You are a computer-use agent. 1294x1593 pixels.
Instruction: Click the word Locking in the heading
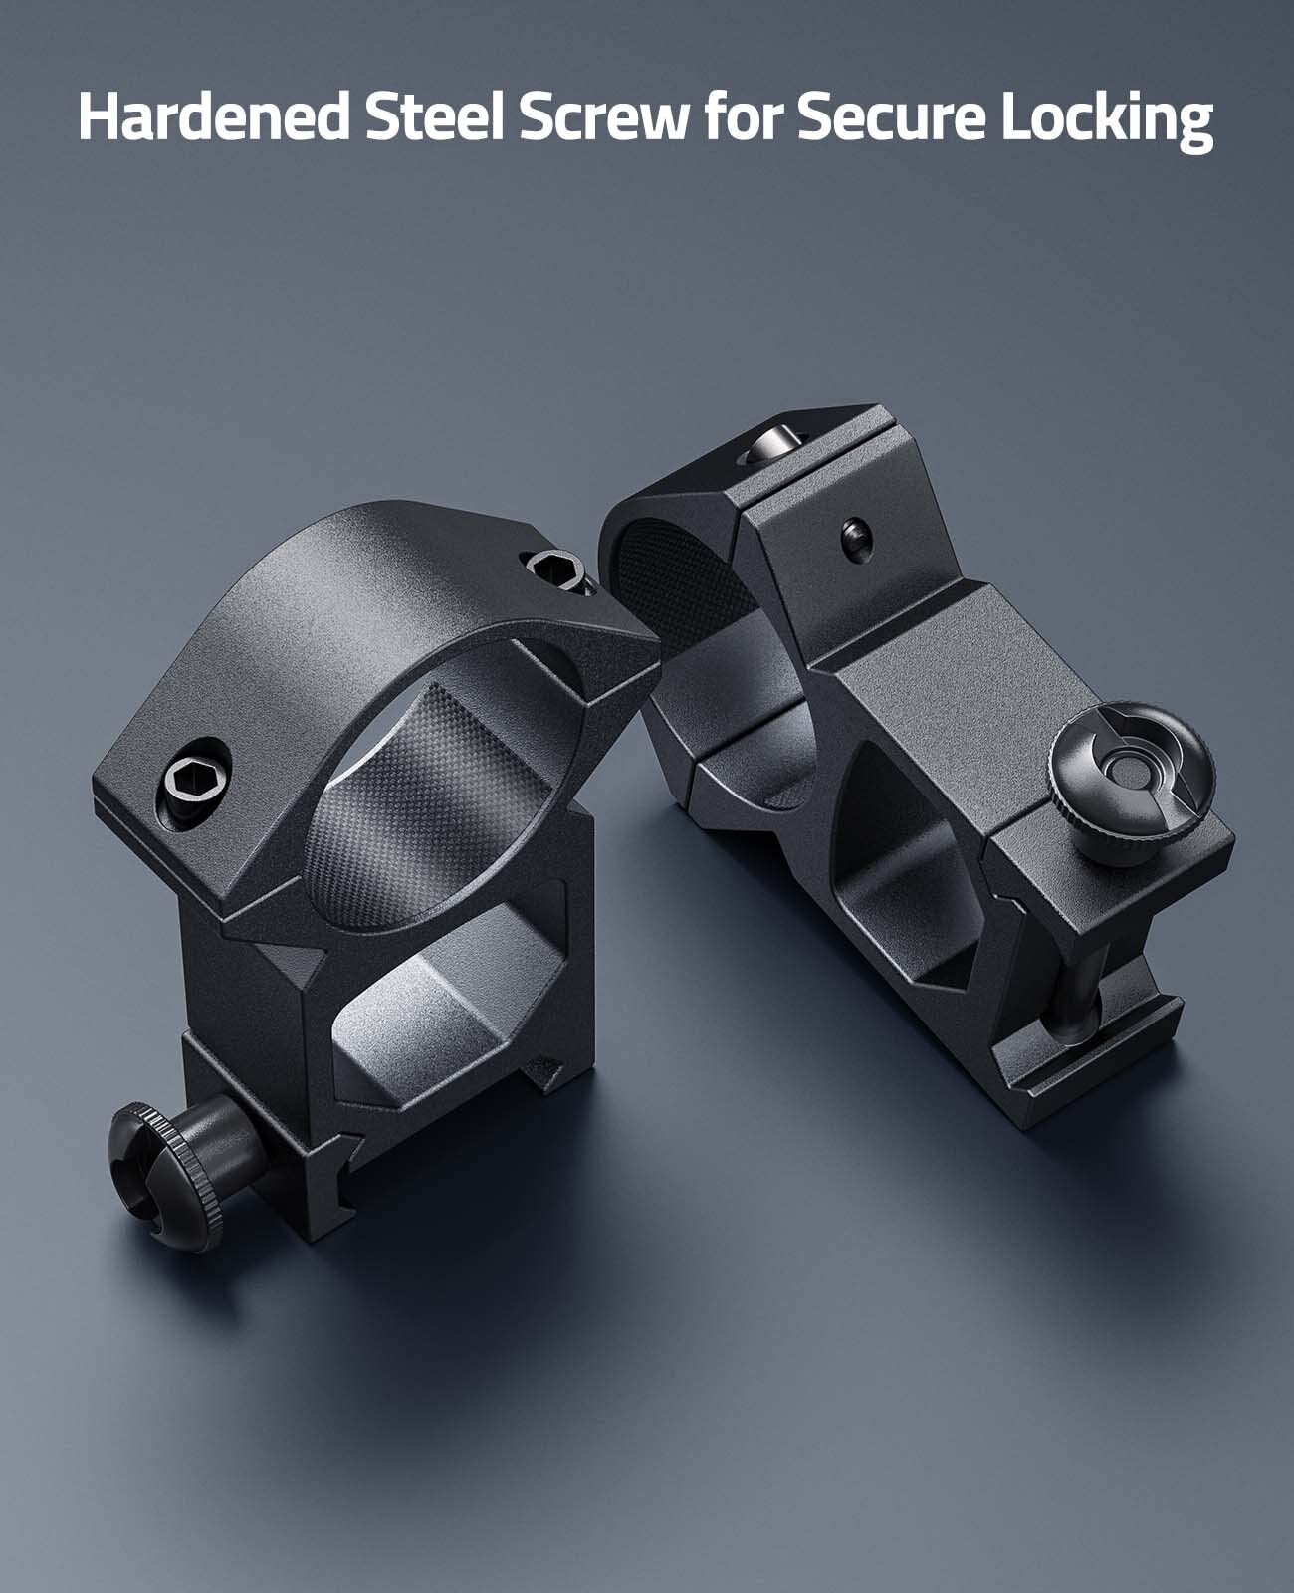coord(1108,121)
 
